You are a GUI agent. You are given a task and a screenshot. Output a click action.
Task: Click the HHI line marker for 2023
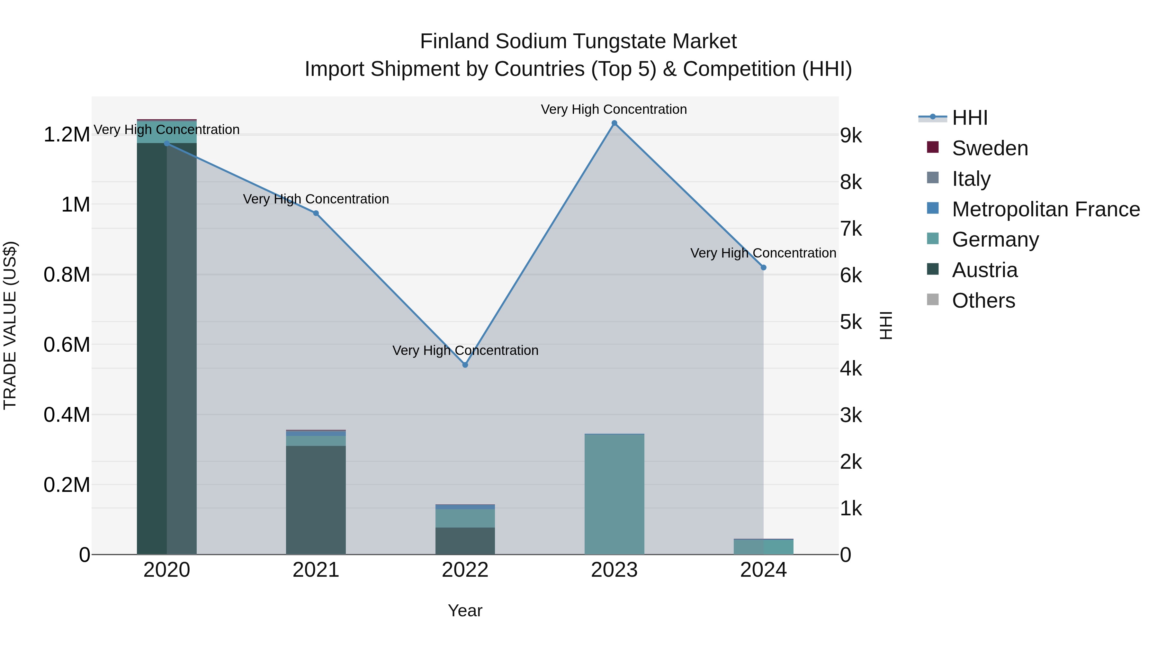(614, 123)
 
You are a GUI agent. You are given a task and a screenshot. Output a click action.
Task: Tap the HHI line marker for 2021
(316, 213)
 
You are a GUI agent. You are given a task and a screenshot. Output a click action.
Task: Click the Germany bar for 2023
(614, 494)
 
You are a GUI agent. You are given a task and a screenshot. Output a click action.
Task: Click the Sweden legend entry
(990, 148)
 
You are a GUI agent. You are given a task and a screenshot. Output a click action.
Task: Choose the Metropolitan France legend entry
(1045, 209)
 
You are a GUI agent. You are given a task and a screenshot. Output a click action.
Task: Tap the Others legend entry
(983, 301)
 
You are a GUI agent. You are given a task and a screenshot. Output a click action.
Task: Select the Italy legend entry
(971, 179)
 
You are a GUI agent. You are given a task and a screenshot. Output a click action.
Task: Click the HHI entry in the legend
(969, 118)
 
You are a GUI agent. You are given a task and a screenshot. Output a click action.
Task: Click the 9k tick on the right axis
(851, 136)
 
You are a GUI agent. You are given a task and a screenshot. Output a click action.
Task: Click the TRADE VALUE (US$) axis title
(10, 325)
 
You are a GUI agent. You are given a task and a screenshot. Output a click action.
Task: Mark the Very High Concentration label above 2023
(614, 109)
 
